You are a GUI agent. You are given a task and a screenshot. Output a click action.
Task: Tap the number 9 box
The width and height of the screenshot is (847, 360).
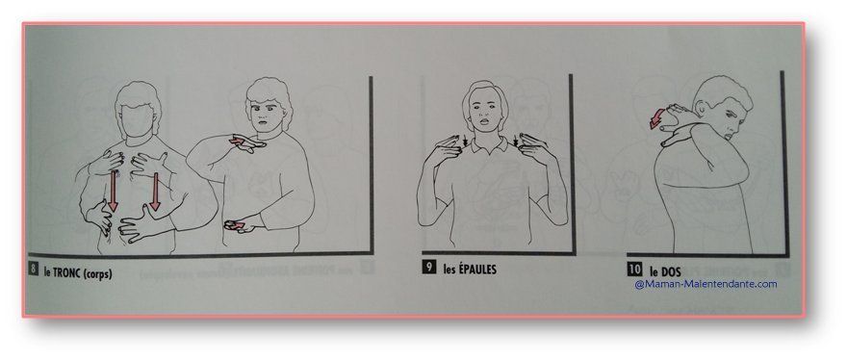tap(429, 267)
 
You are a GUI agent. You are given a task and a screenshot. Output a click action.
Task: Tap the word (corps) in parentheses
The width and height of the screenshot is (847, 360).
tap(98, 273)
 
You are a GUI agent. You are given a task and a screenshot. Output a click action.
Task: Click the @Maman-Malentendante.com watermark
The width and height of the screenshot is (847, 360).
tap(706, 284)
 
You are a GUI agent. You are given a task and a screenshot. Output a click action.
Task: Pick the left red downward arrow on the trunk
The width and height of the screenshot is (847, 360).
tap(113, 191)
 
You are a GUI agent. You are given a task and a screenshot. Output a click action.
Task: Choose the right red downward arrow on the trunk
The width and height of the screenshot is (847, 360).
tap(155, 191)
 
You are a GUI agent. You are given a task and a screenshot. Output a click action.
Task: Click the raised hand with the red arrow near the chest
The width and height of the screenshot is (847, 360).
tap(246, 142)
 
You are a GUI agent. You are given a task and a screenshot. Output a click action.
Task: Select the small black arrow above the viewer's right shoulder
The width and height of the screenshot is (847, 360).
tap(515, 142)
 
